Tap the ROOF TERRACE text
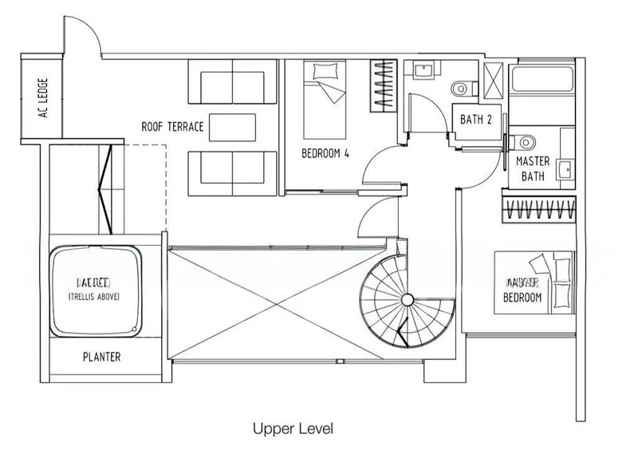[x=173, y=127]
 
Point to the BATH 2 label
[x=477, y=120]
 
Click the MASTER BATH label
[x=533, y=168]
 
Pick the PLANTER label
[x=102, y=357]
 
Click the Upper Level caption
[x=293, y=428]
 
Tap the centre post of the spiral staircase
[x=407, y=299]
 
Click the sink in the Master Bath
[x=565, y=168]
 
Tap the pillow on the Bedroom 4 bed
[x=325, y=73]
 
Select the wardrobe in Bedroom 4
[x=384, y=86]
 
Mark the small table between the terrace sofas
[x=233, y=127]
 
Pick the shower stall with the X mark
[x=494, y=78]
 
